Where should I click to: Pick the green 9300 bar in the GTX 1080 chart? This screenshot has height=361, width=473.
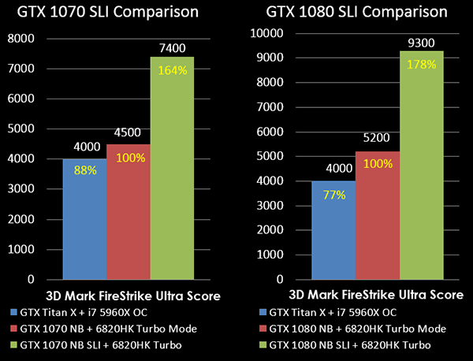pos(421,165)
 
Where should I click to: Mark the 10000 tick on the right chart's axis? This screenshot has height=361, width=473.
pos(265,33)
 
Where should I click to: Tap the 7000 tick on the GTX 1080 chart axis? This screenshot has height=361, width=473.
pos(268,106)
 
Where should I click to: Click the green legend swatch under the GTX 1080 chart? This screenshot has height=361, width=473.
pos(260,344)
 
